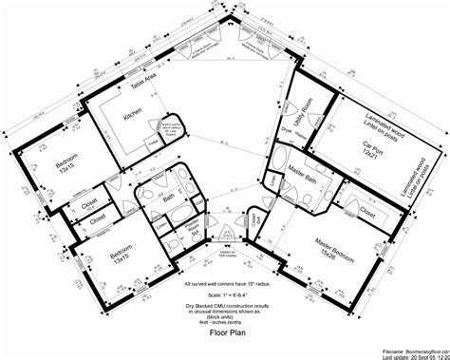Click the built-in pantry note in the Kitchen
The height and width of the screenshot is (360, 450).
point(172,123)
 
